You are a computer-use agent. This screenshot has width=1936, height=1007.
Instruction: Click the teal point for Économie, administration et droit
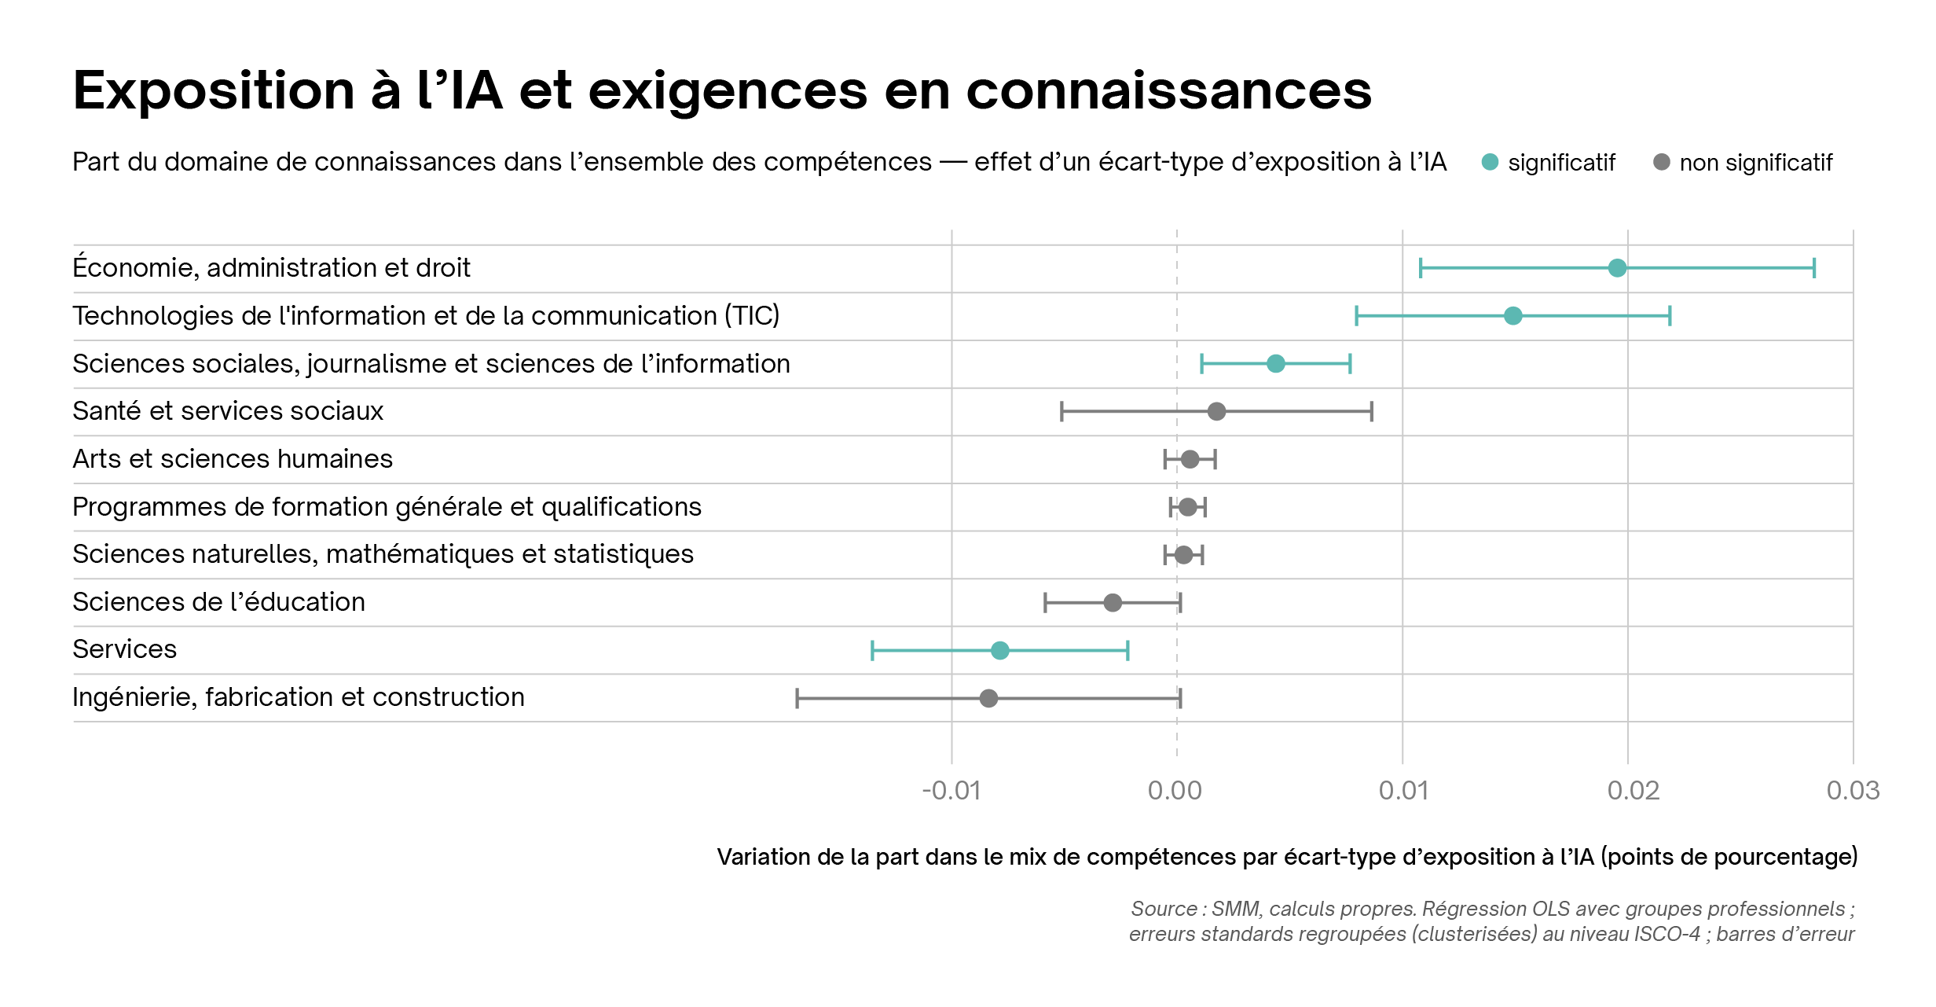click(x=1617, y=268)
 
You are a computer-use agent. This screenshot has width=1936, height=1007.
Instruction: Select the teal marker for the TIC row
click(x=1512, y=316)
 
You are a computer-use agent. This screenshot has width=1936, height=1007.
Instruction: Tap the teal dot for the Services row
click(x=999, y=650)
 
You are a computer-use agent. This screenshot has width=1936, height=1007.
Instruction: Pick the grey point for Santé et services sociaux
click(x=1216, y=411)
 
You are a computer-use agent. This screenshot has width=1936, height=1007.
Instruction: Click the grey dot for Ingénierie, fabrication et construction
click(x=988, y=698)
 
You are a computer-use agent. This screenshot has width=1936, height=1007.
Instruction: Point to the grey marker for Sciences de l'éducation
click(x=1113, y=603)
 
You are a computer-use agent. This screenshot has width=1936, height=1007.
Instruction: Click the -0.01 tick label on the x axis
click(x=951, y=790)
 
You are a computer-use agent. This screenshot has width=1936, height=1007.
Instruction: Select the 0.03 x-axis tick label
click(x=1853, y=790)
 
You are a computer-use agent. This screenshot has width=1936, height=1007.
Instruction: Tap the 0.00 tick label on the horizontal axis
click(x=1175, y=790)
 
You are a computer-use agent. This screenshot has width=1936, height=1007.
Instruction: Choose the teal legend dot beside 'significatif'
click(x=1490, y=162)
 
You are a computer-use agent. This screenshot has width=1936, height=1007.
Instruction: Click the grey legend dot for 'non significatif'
click(x=1661, y=162)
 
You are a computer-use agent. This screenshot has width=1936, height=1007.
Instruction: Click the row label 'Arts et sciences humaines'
click(x=233, y=459)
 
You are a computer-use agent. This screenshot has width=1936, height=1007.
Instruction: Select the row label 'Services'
click(x=125, y=649)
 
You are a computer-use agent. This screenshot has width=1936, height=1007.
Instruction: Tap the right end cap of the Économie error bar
click(x=1814, y=268)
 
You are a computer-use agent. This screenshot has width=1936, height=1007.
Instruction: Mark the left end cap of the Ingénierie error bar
click(x=797, y=698)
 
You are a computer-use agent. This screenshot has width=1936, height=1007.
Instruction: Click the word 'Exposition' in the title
click(x=214, y=91)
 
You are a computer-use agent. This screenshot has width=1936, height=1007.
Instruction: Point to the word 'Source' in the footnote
click(x=1164, y=909)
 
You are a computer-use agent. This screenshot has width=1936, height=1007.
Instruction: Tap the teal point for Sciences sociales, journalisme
click(x=1276, y=363)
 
